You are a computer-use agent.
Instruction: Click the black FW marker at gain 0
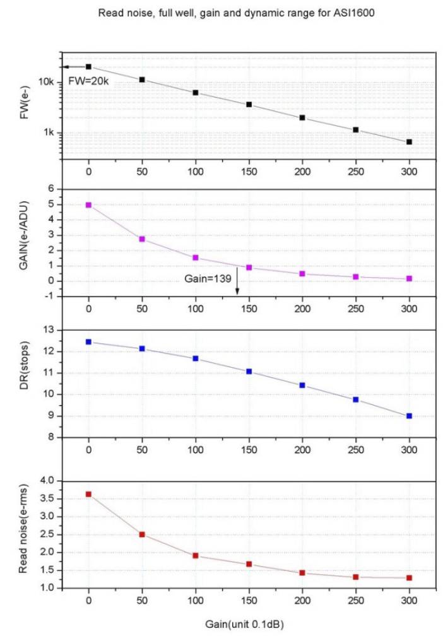[x=88, y=66]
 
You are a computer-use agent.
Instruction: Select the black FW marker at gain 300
[x=409, y=142]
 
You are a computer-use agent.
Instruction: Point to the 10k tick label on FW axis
[x=46, y=82]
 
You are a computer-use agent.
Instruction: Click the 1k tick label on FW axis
[x=49, y=133]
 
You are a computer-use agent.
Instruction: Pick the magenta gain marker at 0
[x=88, y=205]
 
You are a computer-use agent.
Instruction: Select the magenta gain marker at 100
[x=196, y=258]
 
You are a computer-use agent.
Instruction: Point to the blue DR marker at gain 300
[x=409, y=416]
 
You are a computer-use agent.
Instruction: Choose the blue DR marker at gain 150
[x=249, y=372]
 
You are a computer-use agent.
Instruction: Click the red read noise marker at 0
[x=88, y=494]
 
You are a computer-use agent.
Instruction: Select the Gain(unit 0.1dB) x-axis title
[x=244, y=624]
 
